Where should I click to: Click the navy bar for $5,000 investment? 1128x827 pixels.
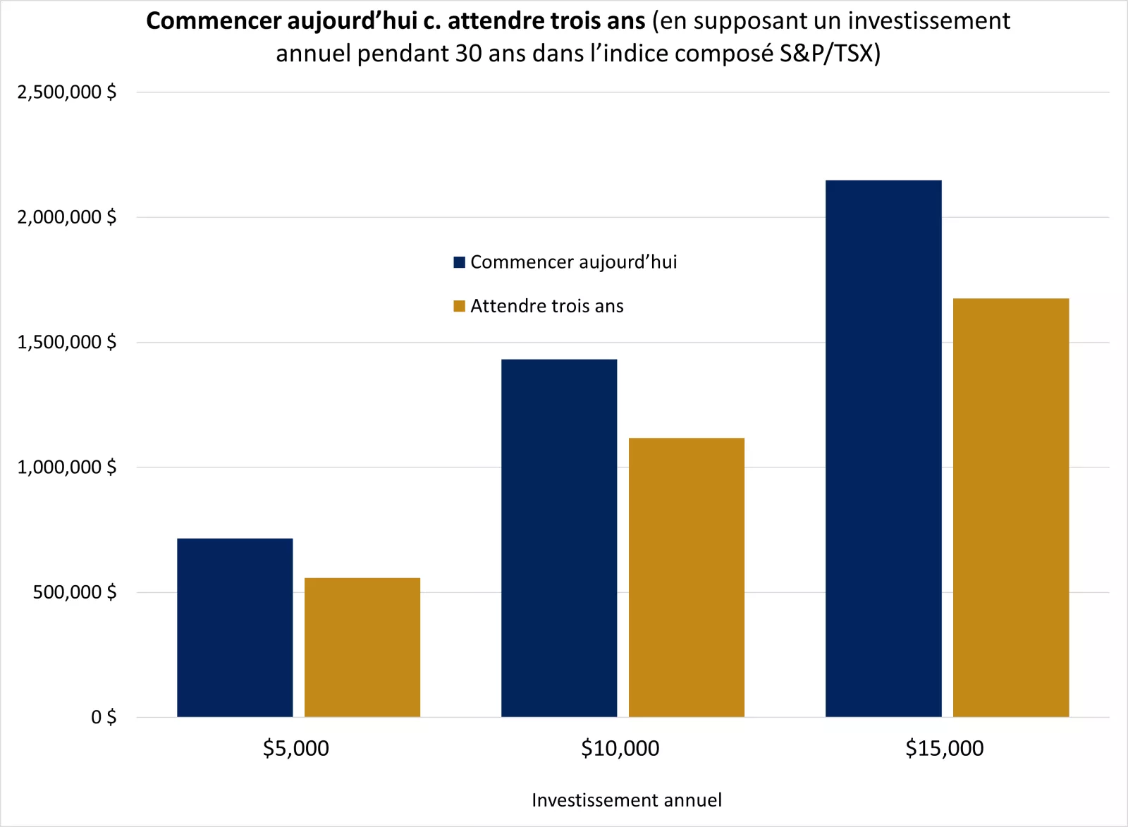(235, 627)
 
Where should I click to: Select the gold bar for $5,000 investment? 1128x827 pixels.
(362, 647)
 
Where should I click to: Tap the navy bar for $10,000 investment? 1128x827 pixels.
(559, 538)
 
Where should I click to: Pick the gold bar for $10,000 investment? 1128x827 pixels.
(686, 577)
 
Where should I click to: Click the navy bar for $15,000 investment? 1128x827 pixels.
(883, 448)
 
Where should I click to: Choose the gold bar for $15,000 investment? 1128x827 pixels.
(1010, 508)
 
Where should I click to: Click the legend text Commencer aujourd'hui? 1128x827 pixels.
(573, 262)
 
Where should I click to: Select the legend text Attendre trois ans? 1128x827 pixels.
(547, 306)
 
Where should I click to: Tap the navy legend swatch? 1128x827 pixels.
(460, 262)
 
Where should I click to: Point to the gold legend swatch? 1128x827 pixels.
(460, 306)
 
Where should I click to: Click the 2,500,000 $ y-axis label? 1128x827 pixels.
(67, 92)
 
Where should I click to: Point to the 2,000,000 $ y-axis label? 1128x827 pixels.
(67, 217)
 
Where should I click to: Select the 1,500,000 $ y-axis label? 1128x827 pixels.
(67, 343)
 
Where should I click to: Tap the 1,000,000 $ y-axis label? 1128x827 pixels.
(67, 467)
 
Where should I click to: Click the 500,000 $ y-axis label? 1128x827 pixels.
(75, 592)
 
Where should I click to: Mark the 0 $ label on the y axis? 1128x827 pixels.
(104, 717)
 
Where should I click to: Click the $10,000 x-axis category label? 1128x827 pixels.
(620, 748)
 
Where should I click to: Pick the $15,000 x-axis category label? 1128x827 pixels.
(944, 748)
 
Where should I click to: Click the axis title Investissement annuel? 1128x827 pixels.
(626, 800)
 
